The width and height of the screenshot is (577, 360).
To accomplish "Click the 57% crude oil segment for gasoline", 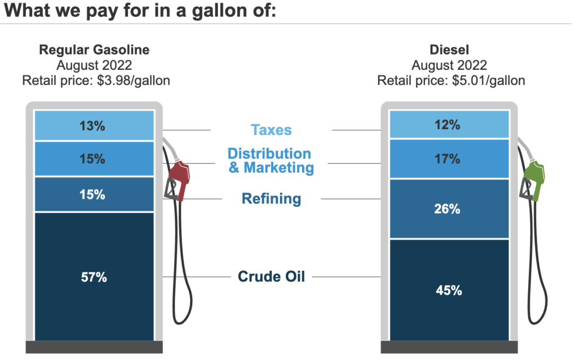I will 94,277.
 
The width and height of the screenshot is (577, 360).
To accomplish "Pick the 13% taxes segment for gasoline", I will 94,126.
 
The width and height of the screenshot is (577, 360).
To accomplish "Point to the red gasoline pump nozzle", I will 179,178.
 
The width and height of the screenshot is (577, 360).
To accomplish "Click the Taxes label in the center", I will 271,130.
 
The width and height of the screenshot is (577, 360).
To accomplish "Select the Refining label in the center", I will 271,198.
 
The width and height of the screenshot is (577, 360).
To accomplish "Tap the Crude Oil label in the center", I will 271,277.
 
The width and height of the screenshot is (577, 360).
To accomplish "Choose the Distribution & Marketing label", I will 270,160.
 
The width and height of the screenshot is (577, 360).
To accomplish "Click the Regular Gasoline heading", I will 94,50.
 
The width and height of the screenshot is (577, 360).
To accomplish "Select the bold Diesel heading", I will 449,50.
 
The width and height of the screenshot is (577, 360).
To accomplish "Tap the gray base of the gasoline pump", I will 94,347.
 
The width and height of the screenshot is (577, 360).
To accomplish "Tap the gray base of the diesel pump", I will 449,347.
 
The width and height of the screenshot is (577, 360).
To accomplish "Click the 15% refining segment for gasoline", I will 94,194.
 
